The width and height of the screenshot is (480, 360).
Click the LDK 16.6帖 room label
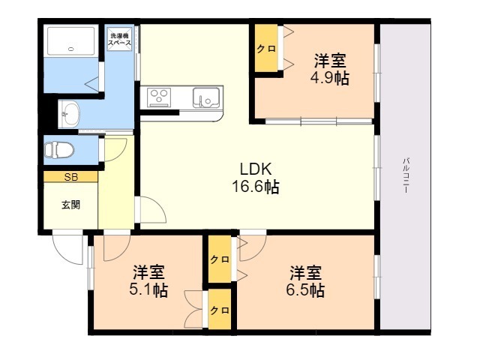(256, 178)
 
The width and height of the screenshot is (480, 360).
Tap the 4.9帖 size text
(330, 78)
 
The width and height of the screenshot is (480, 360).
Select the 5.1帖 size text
(148, 289)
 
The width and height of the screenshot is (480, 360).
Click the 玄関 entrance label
(71, 205)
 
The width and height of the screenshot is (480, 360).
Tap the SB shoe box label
(71, 177)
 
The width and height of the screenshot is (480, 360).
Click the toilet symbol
(59, 150)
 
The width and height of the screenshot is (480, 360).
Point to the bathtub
(71, 41)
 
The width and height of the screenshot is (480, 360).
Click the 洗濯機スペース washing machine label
(119, 39)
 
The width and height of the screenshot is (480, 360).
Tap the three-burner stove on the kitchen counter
(159, 97)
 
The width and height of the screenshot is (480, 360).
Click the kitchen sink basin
(206, 97)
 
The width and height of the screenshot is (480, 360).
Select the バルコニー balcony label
(406, 175)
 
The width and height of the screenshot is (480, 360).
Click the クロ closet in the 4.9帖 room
(266, 48)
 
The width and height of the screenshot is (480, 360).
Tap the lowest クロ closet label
(220, 310)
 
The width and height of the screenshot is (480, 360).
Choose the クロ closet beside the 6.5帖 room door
(220, 259)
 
